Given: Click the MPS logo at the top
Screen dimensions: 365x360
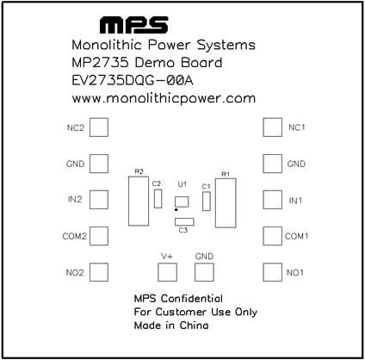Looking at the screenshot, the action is tap(133, 25).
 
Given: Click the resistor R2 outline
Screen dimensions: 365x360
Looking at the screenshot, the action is tap(128, 201).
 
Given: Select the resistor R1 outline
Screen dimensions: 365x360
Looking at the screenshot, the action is tap(216, 203).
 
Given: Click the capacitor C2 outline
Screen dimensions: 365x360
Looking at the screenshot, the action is tap(154, 199).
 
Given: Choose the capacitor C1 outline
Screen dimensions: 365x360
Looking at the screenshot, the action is tap(203, 202).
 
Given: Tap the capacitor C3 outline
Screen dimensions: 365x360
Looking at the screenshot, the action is tap(184, 219).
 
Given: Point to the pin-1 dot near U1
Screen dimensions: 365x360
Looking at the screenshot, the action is tap(176, 210).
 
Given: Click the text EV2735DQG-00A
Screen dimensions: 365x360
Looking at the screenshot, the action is tap(133, 81).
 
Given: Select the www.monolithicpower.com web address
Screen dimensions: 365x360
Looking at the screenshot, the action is tap(164, 98).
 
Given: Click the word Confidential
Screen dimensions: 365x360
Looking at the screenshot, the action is tap(192, 299).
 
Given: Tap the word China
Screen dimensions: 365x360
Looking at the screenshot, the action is tap(194, 326).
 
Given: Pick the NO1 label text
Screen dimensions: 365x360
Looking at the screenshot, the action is tap(295, 272).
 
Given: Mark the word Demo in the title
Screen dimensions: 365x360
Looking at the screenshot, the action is tap(154, 63).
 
